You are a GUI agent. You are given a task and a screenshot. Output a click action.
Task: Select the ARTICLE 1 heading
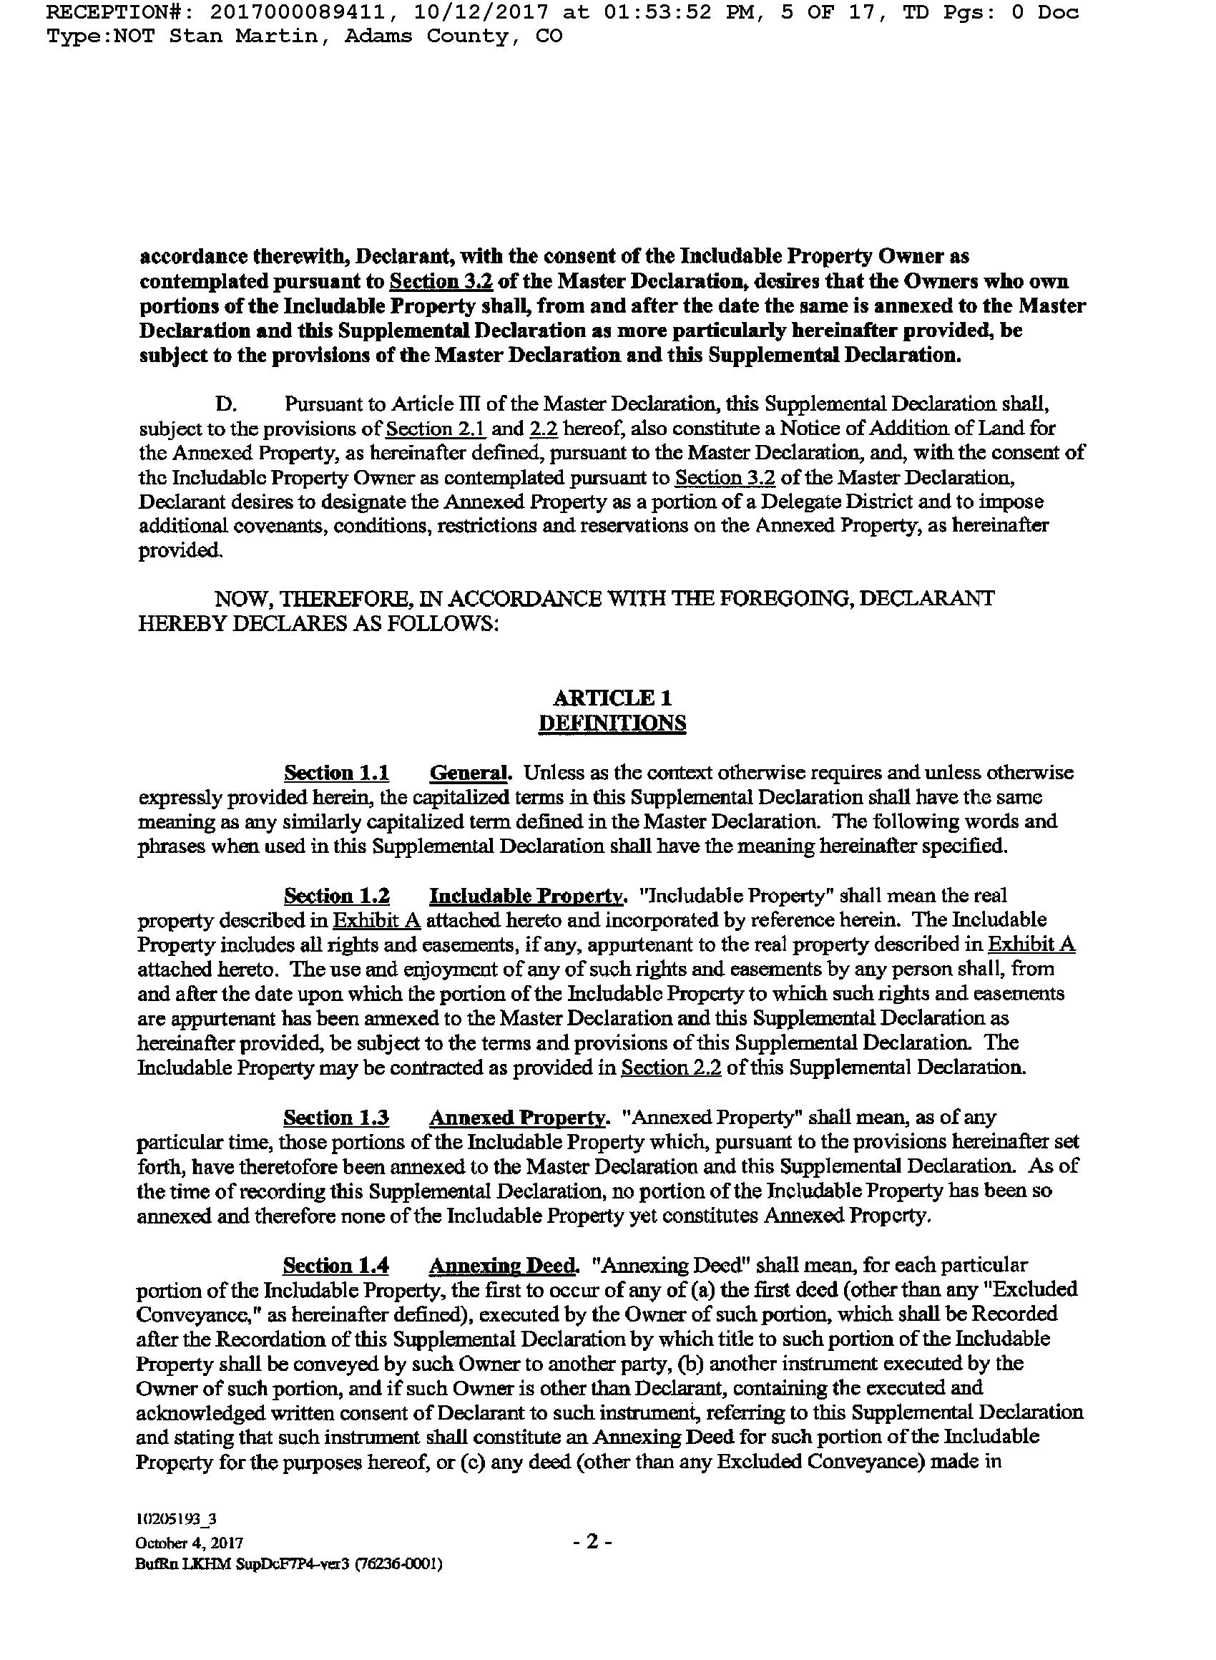[x=612, y=697]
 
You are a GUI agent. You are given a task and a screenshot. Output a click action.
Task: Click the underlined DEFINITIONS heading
[x=612, y=722]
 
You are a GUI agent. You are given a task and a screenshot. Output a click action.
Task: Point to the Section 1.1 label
[x=336, y=773]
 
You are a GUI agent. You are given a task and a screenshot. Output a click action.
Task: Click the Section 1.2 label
[x=336, y=896]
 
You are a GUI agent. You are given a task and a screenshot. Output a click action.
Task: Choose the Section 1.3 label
[x=336, y=1118]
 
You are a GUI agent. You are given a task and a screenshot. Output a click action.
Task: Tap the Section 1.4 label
[x=336, y=1266]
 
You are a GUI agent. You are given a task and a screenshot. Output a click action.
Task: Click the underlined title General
[x=470, y=773]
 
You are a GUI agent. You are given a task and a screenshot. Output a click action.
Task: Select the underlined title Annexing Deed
[x=504, y=1266]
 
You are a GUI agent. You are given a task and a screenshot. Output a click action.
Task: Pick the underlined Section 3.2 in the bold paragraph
[x=440, y=282]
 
